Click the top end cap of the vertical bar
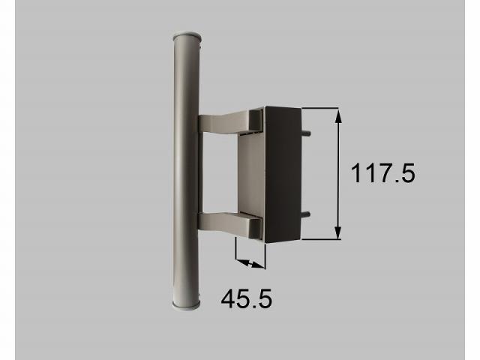(186, 35)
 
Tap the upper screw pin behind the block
(307, 133)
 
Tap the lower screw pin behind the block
(307, 216)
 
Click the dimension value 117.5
(382, 174)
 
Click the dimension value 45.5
(246, 299)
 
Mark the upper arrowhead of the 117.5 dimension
(338, 115)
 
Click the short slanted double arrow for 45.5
(250, 261)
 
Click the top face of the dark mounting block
(282, 107)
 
